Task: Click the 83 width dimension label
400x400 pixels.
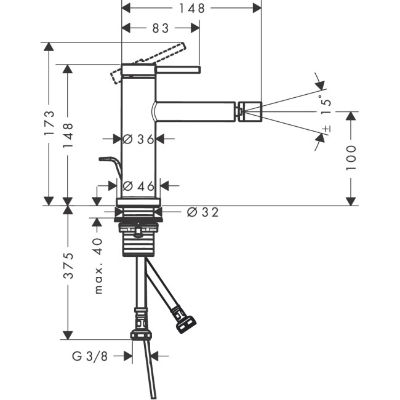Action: (x=161, y=28)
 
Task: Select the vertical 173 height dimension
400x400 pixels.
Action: (x=50, y=122)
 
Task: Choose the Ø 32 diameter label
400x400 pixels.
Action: (x=202, y=212)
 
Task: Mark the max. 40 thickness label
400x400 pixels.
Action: (x=97, y=266)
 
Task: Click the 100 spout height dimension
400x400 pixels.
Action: (x=351, y=158)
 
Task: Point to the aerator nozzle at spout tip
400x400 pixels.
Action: (x=251, y=112)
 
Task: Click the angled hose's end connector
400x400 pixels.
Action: (x=186, y=323)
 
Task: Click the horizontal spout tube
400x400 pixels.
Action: (x=197, y=112)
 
